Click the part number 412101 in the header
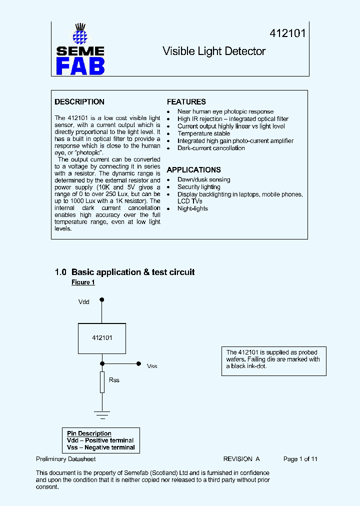[287, 33]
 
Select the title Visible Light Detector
[214, 51]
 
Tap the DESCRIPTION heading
[79, 102]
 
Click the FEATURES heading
[186, 102]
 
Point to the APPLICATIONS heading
[193, 170]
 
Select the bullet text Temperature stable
[203, 133]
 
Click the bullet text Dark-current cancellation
[211, 148]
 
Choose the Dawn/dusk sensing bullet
[203, 179]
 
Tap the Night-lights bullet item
[192, 208]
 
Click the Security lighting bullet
[198, 187]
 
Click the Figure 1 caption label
[83, 282]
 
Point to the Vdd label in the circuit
[84, 302]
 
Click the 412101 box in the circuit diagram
[102, 338]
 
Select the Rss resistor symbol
[102, 381]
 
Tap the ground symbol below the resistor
[102, 413]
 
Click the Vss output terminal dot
[139, 364]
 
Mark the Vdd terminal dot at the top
[102, 300]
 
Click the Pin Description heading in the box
[89, 433]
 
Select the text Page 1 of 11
[300, 459]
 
